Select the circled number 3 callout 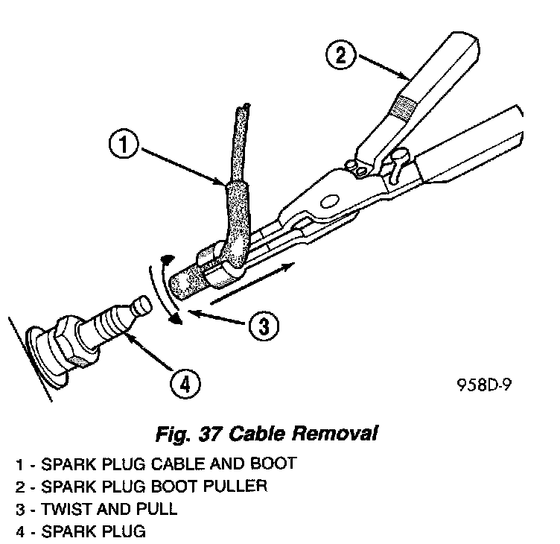(x=263, y=325)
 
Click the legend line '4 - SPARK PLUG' (x=81, y=532)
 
